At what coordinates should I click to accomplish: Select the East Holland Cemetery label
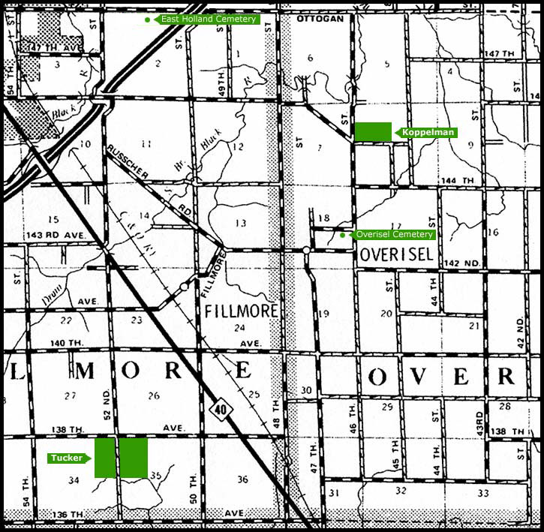click(x=207, y=19)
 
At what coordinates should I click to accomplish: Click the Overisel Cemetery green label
click(x=393, y=234)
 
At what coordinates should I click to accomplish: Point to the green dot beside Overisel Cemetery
click(x=342, y=235)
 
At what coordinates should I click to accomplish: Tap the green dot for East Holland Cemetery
click(x=147, y=19)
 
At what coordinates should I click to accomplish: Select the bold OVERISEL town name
click(x=396, y=254)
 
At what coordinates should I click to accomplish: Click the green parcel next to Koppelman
click(x=373, y=131)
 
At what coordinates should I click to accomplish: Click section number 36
click(x=242, y=480)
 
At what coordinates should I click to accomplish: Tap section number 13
click(x=240, y=223)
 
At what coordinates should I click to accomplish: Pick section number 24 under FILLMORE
click(x=239, y=328)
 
